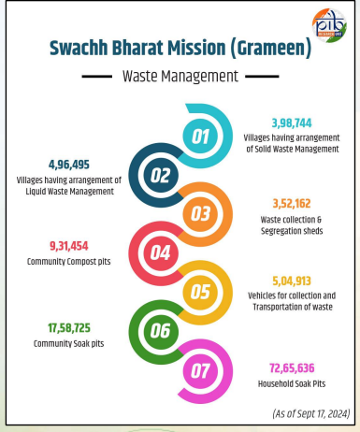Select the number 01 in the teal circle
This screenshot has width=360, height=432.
click(200, 137)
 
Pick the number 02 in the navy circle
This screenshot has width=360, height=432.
click(162, 175)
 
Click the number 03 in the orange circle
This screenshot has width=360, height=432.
click(200, 213)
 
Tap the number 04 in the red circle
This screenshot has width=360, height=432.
click(162, 252)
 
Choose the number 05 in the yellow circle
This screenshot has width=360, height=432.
click(200, 291)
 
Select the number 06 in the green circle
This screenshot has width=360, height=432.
click(162, 329)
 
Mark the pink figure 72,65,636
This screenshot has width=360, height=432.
click(289, 366)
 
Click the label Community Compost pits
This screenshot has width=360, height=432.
click(63, 261)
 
